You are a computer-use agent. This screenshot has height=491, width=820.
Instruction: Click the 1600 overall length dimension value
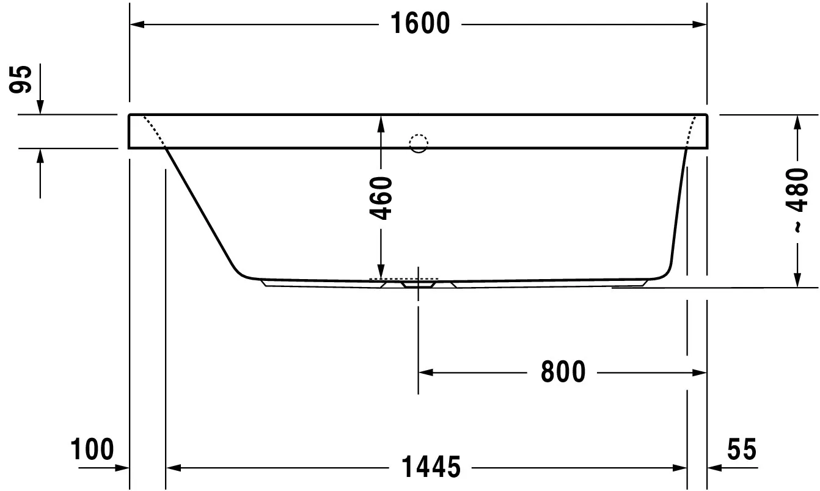(x=420, y=23)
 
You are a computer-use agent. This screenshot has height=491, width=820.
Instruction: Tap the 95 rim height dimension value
(x=21, y=79)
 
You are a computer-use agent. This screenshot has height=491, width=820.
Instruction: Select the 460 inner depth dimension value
(x=381, y=198)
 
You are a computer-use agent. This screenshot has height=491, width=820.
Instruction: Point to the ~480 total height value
(x=797, y=200)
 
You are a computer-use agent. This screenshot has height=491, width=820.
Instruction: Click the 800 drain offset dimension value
(x=563, y=372)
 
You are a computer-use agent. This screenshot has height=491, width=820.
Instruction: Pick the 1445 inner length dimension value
(x=431, y=467)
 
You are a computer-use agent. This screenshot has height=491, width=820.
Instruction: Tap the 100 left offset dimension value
(x=92, y=449)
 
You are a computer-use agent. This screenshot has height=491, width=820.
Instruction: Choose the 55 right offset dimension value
(x=742, y=449)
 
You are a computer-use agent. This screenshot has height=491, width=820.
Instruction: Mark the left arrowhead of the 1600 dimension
(x=137, y=24)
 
